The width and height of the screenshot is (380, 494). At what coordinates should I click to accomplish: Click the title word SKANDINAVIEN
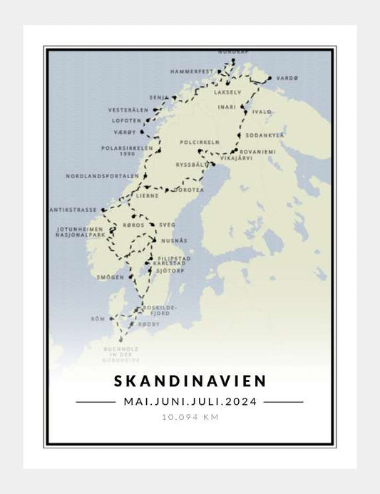coord(190,382)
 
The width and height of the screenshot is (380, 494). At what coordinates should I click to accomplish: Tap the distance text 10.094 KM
coord(190,417)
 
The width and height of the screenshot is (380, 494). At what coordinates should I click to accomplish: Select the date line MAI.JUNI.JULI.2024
coord(190,401)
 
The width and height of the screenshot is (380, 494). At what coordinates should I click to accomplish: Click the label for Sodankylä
coord(265,134)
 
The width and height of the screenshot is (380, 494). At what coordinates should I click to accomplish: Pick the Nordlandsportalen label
coord(101,175)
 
